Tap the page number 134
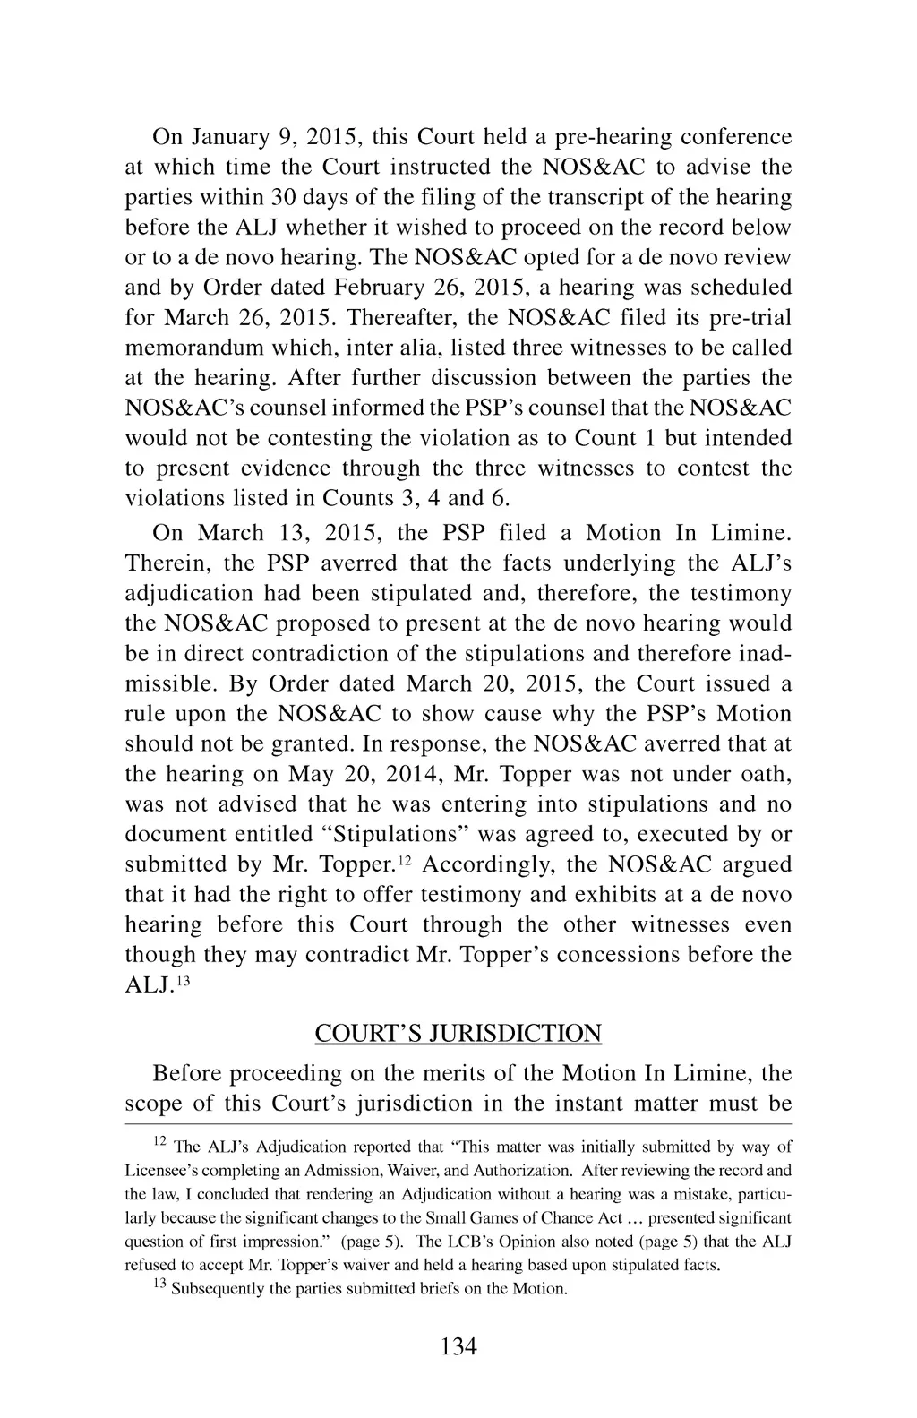pyautogui.click(x=458, y=1345)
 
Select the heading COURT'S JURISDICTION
pyautogui.click(x=458, y=1034)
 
